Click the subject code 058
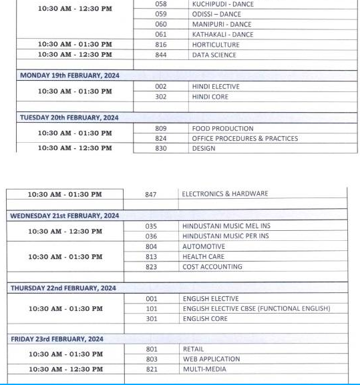coord(160,4)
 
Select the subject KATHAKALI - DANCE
coord(222,34)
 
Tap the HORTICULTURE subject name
coord(215,45)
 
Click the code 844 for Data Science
coord(160,55)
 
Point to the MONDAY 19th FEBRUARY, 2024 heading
coord(69,75)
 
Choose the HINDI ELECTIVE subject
coord(215,87)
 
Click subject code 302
coord(160,97)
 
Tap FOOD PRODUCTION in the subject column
coord(222,128)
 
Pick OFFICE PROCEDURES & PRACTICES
coord(244,139)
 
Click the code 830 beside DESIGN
coord(160,149)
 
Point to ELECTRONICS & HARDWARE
coord(224,194)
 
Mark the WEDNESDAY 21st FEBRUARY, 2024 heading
coord(64,216)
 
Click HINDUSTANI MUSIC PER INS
coord(226,236)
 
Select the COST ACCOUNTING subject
coord(212,267)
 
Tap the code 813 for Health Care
coord(151,257)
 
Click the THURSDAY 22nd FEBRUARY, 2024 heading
coord(63,288)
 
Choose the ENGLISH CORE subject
coord(205,319)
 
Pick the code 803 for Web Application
coord(151,359)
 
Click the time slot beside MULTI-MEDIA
coord(65,369)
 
